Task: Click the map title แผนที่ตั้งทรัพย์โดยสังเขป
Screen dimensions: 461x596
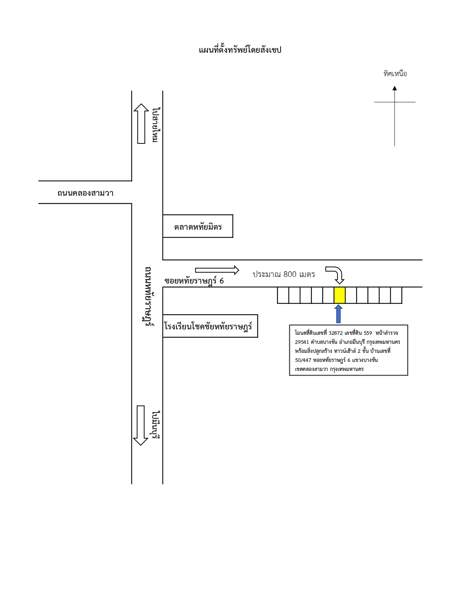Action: [240, 50]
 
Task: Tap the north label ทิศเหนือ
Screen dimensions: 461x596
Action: [395, 73]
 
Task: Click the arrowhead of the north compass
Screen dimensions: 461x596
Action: [394, 88]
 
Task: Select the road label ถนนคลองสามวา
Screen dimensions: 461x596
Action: [85, 193]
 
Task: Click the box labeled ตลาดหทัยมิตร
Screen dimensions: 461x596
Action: [198, 226]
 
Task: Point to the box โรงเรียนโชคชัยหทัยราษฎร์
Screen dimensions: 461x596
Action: [210, 326]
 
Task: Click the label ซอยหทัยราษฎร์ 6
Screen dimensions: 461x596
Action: [194, 281]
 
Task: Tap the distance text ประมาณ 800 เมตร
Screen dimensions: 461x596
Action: [283, 274]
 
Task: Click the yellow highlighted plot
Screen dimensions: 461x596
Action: [340, 295]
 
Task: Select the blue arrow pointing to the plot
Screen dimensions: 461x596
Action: [338, 314]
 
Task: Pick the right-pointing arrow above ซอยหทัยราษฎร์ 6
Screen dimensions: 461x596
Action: [217, 270]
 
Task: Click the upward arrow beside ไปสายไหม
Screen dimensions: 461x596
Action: [141, 124]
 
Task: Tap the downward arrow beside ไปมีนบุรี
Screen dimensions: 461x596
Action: [141, 426]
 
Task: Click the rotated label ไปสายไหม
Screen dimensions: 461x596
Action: [156, 125]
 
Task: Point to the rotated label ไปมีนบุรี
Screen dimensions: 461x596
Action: [156, 425]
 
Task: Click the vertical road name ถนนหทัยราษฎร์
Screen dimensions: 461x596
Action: [149, 296]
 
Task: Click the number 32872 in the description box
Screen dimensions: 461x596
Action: [336, 333]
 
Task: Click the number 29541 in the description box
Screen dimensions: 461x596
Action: [302, 342]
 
